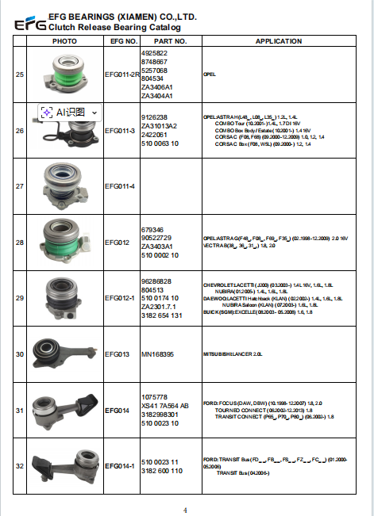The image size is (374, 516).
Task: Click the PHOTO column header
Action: pos(64,40)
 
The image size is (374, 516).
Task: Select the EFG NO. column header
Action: pos(123,40)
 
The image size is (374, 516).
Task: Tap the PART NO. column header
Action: pos(169,40)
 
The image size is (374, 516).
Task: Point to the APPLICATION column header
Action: pos(278,40)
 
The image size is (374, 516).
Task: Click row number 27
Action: pos(20,186)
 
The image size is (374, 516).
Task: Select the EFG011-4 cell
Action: pos(121,186)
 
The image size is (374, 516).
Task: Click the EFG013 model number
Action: pos(118,354)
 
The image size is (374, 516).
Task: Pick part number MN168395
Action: pos(158,354)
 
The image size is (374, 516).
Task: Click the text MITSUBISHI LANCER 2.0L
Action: pos(232,354)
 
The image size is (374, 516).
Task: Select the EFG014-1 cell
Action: pos(121,467)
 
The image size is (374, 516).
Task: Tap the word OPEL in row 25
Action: pos(210,73)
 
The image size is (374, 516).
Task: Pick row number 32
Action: pos(20,467)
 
